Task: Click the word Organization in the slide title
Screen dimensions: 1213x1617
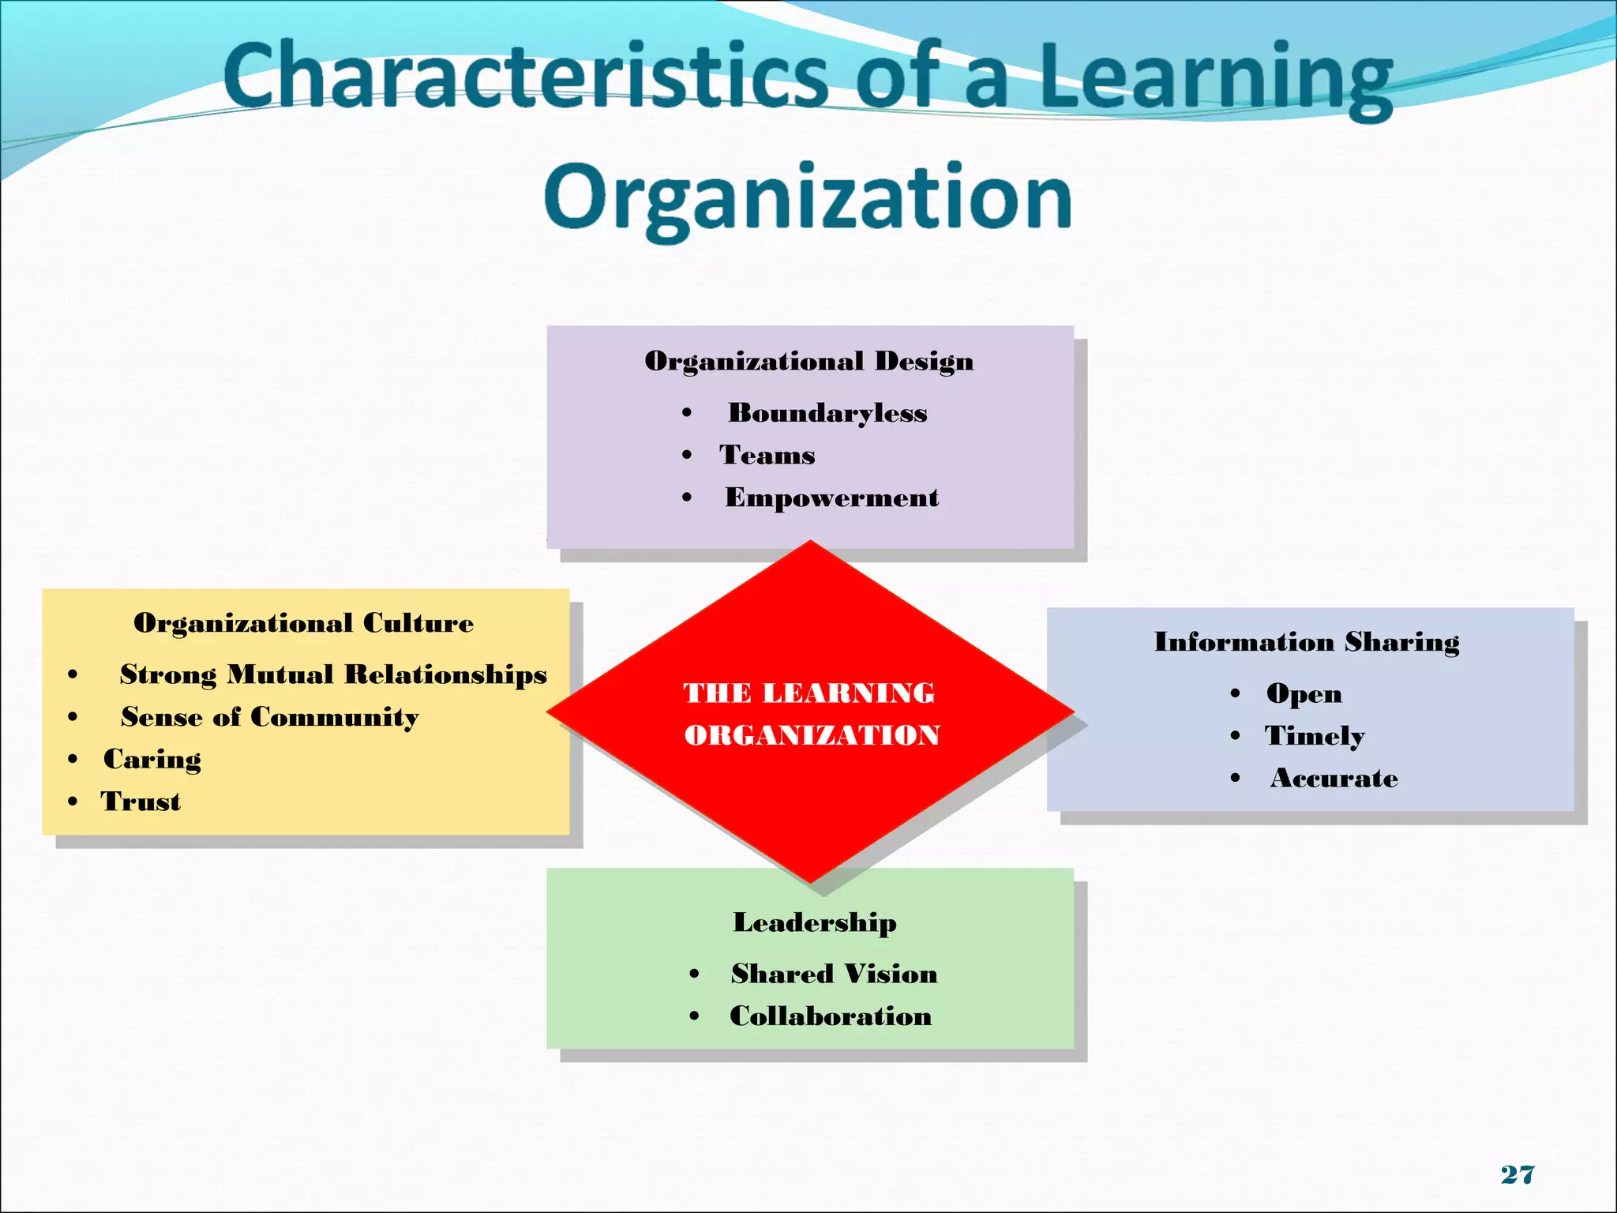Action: click(808, 197)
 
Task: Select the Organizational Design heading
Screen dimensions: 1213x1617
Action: click(809, 361)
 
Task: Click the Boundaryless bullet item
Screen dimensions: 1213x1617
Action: click(827, 413)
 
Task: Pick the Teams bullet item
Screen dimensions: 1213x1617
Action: click(767, 455)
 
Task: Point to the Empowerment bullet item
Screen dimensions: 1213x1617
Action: click(831, 498)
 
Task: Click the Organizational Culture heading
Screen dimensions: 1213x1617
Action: click(304, 623)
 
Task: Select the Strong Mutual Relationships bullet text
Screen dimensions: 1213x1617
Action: click(333, 674)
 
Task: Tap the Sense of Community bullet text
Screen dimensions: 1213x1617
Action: click(269, 717)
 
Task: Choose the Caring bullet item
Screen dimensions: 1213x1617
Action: click(152, 759)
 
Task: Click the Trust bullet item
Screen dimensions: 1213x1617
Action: click(141, 802)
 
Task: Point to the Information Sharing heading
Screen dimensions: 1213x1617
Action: click(1307, 642)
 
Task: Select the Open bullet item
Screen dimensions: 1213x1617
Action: click(1304, 693)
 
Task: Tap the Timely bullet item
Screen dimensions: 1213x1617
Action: click(1315, 736)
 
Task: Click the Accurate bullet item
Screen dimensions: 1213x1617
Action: click(1334, 779)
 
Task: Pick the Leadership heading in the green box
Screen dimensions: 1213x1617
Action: click(815, 922)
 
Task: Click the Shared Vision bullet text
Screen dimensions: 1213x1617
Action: click(834, 974)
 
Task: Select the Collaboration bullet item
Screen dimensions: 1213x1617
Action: click(831, 1016)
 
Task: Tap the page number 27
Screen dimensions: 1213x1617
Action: click(1518, 1174)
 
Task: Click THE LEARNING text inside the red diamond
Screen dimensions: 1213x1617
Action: click(809, 693)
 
